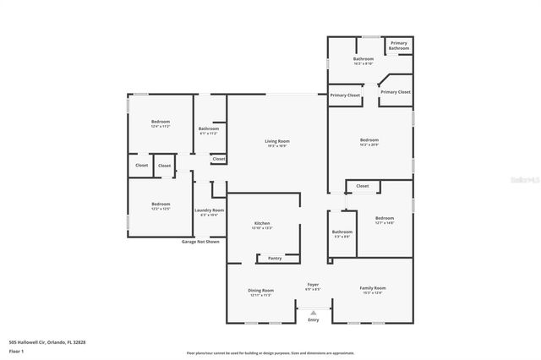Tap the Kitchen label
click(261, 223)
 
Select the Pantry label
click(275, 258)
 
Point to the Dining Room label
click(260, 290)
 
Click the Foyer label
click(313, 285)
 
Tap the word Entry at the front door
click(314, 319)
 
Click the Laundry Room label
click(209, 210)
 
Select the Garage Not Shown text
click(200, 242)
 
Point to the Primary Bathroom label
click(399, 46)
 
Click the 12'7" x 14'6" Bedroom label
click(385, 218)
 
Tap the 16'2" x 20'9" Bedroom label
click(369, 139)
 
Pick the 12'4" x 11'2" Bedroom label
click(161, 123)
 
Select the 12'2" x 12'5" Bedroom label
click(161, 204)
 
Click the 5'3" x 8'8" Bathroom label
click(342, 232)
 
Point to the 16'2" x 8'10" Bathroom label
click(363, 59)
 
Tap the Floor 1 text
click(17, 349)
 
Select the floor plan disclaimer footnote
click(270, 352)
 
